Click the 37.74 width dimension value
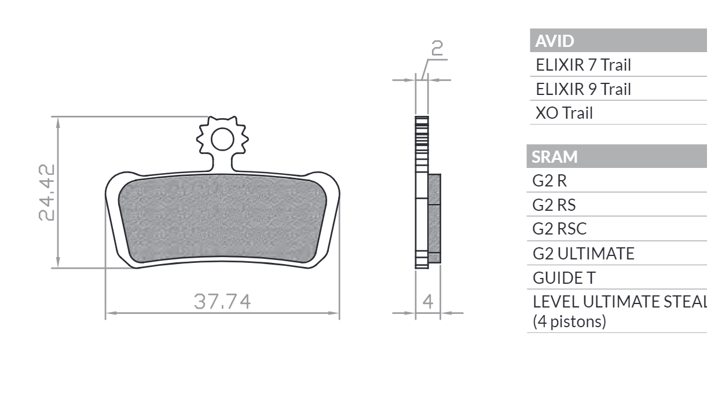[222, 302]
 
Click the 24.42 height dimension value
[47, 192]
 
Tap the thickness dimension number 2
[437, 49]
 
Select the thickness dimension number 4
[428, 302]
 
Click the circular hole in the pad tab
[222, 140]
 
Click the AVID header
[555, 41]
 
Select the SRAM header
[555, 157]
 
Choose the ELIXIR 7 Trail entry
[583, 65]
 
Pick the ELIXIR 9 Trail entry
[583, 89]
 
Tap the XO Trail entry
[564, 113]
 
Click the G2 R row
[550, 181]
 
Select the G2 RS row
[554, 205]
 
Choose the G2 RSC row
[559, 229]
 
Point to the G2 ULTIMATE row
[583, 254]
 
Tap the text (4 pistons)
[569, 321]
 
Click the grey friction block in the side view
[434, 217]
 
